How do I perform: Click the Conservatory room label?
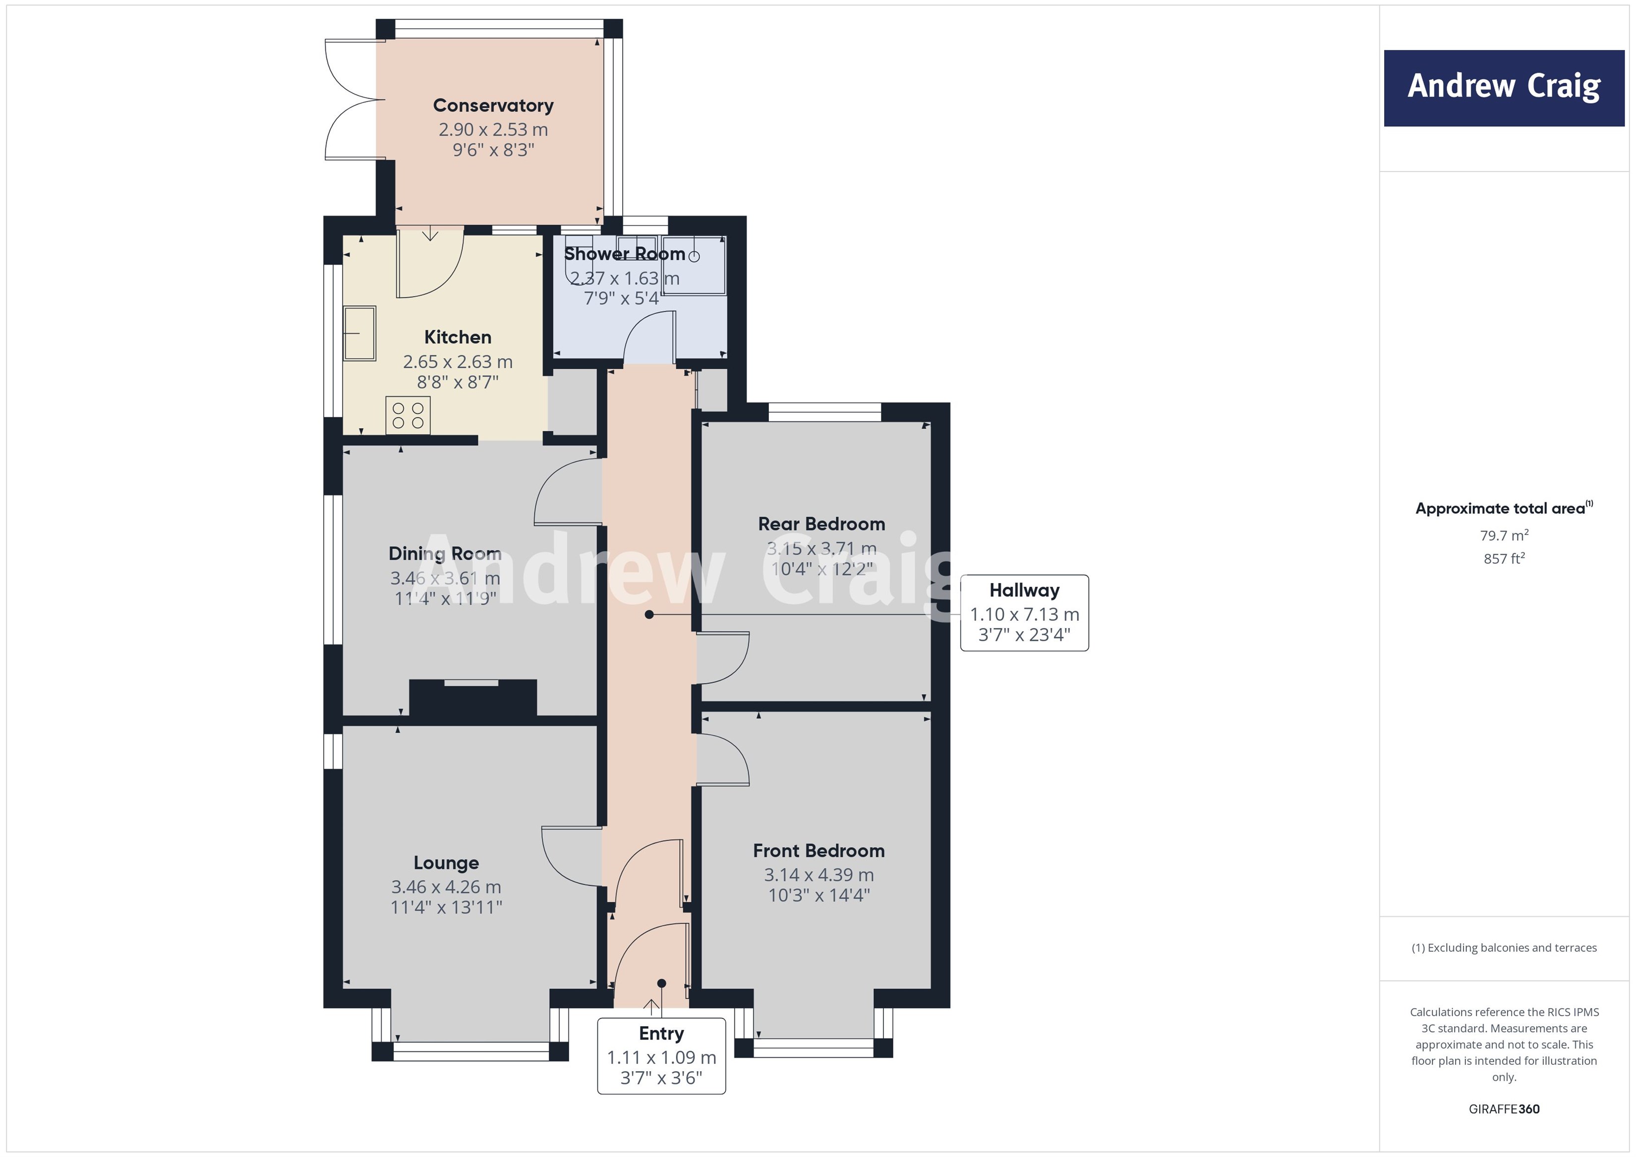pyautogui.click(x=493, y=106)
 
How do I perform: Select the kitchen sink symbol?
pyautogui.click(x=360, y=334)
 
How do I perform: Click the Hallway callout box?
pyautogui.click(x=1024, y=613)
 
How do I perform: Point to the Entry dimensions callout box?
pyautogui.click(x=661, y=1056)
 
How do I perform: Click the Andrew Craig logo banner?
pyautogui.click(x=1504, y=88)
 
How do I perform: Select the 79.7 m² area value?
pyautogui.click(x=1504, y=535)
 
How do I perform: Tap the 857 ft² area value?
pyautogui.click(x=1504, y=559)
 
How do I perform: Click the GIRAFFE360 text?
pyautogui.click(x=1504, y=1108)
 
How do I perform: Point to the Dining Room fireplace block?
pyautogui.click(x=472, y=698)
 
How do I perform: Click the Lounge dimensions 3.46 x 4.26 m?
pyautogui.click(x=446, y=887)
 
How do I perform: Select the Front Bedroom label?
pyautogui.click(x=818, y=851)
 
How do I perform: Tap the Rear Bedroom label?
pyautogui.click(x=821, y=524)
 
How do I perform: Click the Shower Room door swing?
pyautogui.click(x=647, y=339)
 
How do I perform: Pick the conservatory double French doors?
pyautogui.click(x=349, y=100)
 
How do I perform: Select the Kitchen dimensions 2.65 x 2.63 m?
pyautogui.click(x=458, y=362)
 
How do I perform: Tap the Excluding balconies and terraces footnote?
pyautogui.click(x=1504, y=947)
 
